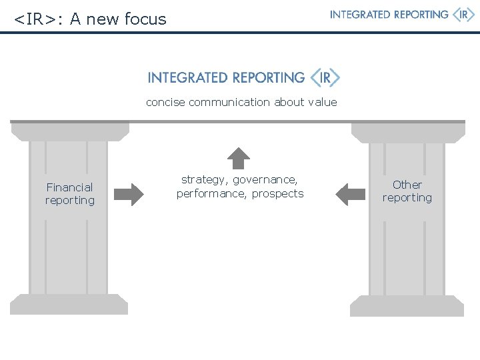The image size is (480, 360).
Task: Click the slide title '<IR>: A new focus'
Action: pyautogui.click(x=90, y=19)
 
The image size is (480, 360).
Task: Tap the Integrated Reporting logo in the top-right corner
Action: pyautogui.click(x=402, y=15)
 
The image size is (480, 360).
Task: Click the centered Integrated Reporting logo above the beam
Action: pyautogui.click(x=243, y=78)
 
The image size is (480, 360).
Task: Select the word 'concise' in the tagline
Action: pyautogui.click(x=165, y=102)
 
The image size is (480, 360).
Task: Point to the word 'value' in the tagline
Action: pyautogui.click(x=322, y=102)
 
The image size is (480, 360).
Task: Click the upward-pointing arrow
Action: pyautogui.click(x=239, y=159)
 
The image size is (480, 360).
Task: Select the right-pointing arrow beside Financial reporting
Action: pyautogui.click(x=128, y=194)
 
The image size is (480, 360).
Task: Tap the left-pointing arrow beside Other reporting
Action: pyautogui.click(x=350, y=194)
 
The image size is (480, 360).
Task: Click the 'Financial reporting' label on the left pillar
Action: pyautogui.click(x=70, y=193)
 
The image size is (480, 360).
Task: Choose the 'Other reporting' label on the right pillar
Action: pyautogui.click(x=407, y=191)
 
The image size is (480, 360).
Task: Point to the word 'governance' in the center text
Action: pyautogui.click(x=265, y=180)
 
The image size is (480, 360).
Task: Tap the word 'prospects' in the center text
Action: pyautogui.click(x=277, y=193)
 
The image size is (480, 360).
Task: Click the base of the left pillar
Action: pyautogui.click(x=69, y=305)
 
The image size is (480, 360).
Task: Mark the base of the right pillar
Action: pyautogui.click(x=407, y=306)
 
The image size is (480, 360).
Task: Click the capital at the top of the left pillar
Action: pyautogui.click(x=70, y=132)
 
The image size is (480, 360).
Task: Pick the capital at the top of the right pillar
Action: pyautogui.click(x=408, y=133)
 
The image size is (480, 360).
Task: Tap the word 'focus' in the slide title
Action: pyautogui.click(x=145, y=19)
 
